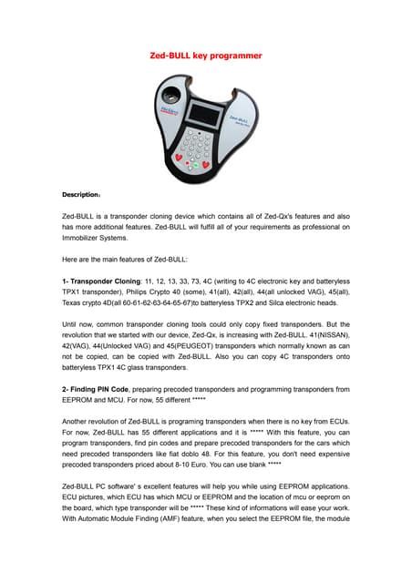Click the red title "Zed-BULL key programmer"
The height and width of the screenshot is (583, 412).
[x=206, y=56]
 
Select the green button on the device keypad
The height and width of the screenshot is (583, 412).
[x=195, y=165]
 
